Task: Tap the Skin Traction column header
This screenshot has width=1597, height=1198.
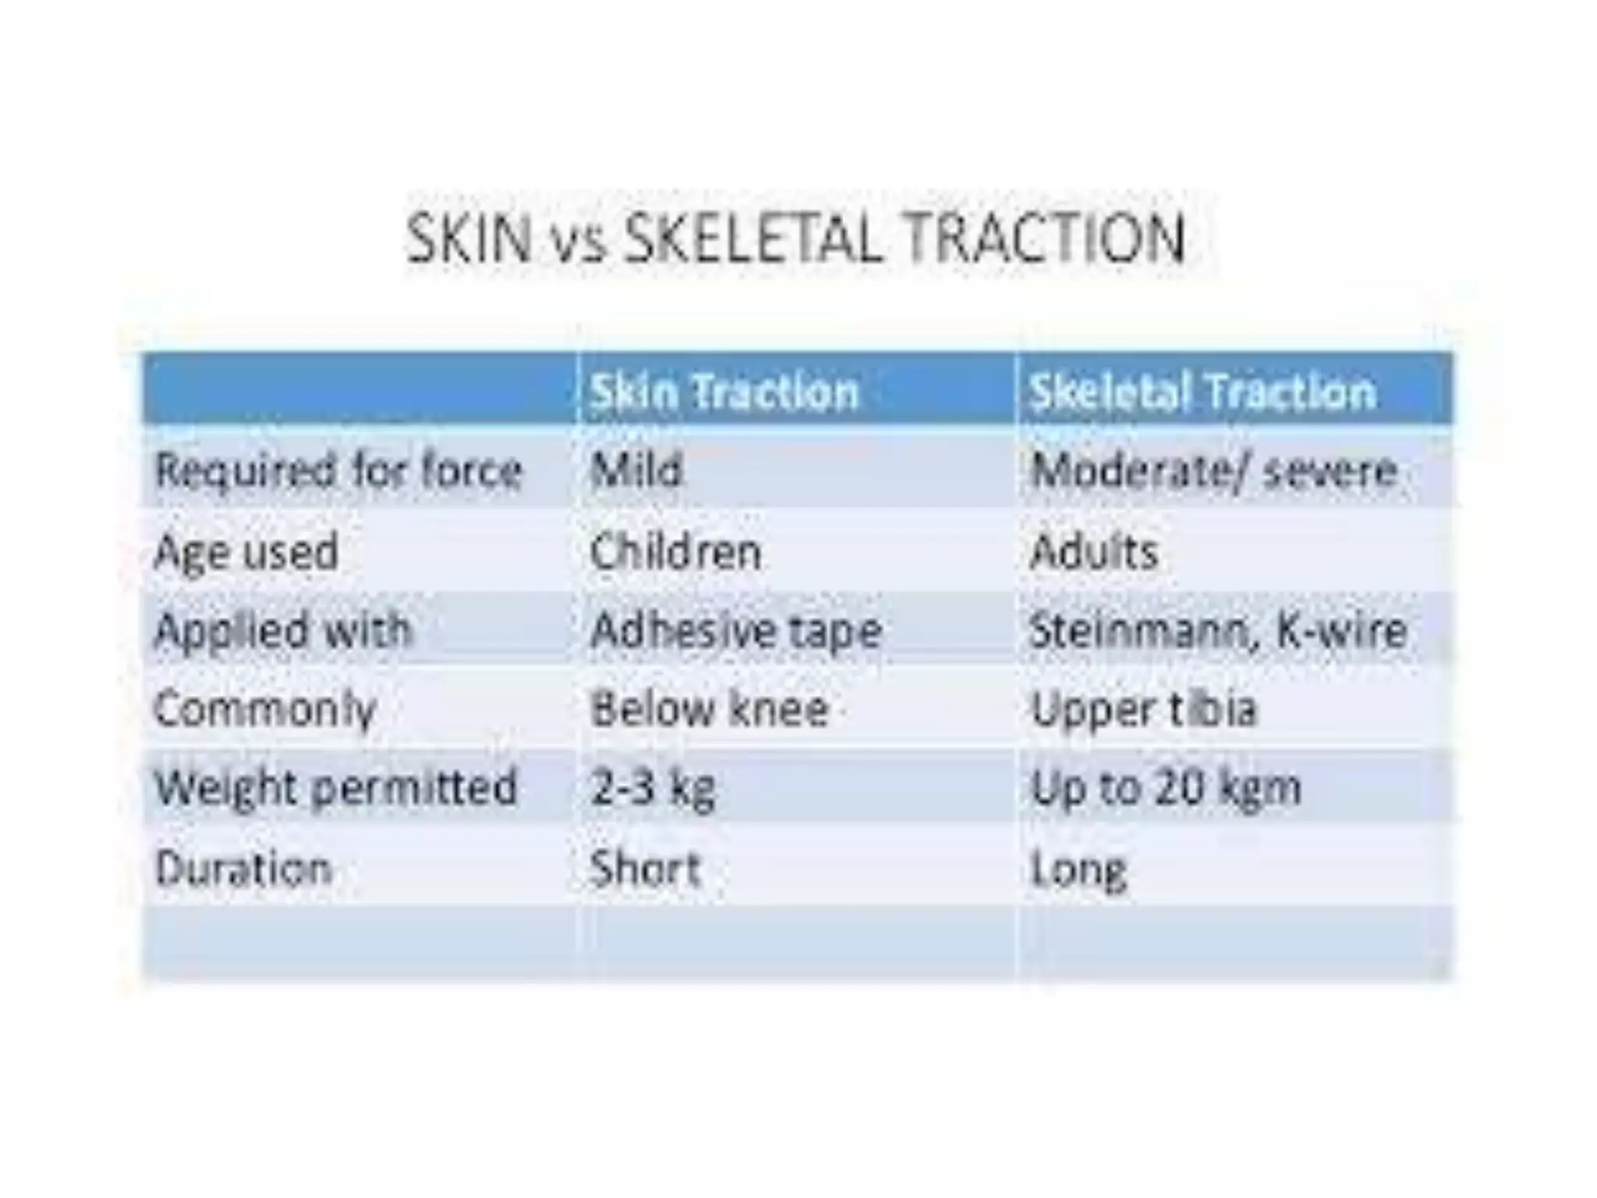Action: click(724, 392)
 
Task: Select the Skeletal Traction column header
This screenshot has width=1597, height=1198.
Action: click(1202, 392)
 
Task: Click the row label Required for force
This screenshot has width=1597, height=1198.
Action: click(338, 471)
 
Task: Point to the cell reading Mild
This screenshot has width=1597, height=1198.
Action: click(636, 471)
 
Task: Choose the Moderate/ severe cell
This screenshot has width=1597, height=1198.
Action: click(1213, 471)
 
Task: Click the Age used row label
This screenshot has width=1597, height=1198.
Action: click(246, 552)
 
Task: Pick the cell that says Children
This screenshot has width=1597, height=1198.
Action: click(675, 552)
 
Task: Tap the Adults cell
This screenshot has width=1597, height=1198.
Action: click(1094, 552)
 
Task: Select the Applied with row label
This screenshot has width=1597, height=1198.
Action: click(282, 630)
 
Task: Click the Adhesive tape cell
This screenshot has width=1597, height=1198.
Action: click(736, 630)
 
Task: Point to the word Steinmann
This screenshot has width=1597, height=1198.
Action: click(1143, 630)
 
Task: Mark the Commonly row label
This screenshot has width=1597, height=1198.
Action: click(265, 710)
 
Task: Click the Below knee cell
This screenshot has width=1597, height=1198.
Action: click(710, 710)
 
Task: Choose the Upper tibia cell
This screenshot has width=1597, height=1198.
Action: click(1144, 710)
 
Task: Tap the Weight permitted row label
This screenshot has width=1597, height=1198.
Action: click(336, 788)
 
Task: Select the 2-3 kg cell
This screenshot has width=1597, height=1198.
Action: click(653, 788)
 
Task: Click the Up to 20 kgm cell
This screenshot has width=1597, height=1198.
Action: click(1166, 788)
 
